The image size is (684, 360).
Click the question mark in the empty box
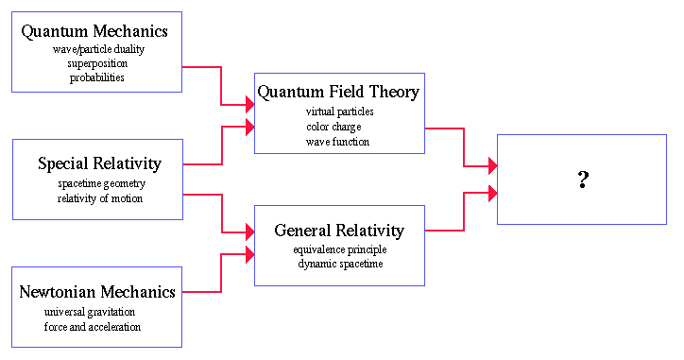click(583, 180)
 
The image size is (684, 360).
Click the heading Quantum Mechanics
click(94, 31)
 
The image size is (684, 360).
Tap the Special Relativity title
click(99, 163)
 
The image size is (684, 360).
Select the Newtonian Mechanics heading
click(97, 292)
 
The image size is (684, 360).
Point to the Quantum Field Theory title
click(338, 92)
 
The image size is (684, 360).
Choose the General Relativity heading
click(339, 231)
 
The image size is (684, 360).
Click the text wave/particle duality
click(98, 49)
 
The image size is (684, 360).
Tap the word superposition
click(97, 63)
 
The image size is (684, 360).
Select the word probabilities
click(97, 77)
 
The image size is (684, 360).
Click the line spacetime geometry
click(102, 183)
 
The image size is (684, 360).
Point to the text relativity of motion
click(100, 198)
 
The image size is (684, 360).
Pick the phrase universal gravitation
click(90, 312)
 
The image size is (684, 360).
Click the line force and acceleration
click(93, 327)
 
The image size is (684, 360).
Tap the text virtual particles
click(340, 111)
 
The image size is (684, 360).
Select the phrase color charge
click(333, 127)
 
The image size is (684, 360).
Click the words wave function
click(337, 142)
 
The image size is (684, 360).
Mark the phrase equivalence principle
click(340, 249)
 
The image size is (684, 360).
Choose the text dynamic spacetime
click(340, 264)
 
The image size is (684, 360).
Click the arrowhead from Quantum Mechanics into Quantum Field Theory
click(250, 105)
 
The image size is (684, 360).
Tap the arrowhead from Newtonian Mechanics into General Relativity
click(250, 254)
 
